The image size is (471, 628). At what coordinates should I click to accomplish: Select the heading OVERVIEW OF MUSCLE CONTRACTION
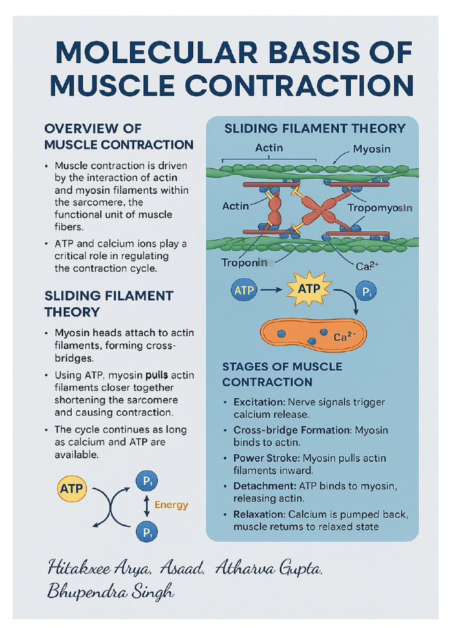[118, 137]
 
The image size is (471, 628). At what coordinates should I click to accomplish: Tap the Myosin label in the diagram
[372, 149]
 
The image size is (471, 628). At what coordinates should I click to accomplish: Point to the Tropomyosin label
[380, 208]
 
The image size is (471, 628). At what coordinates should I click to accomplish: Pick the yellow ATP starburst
[308, 288]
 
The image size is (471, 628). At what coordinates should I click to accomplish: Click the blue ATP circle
[244, 290]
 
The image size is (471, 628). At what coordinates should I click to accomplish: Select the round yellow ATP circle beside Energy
[73, 489]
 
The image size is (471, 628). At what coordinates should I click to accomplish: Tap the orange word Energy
[171, 505]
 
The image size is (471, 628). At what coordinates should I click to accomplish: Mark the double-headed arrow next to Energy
[147, 505]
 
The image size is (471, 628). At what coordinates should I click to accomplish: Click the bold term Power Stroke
[263, 458]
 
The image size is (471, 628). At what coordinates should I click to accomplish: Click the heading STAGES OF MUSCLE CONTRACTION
[282, 374]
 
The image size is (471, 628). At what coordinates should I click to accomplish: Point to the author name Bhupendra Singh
[110, 592]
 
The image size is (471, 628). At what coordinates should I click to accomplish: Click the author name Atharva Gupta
[268, 569]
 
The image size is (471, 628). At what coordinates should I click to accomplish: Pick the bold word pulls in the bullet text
[157, 375]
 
